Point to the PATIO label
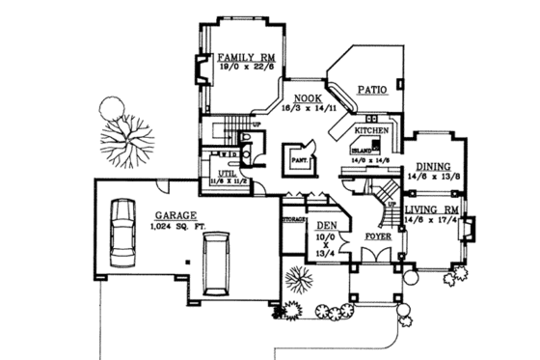[372, 91]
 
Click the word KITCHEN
[371, 129]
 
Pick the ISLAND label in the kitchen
[363, 151]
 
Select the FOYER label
[377, 235]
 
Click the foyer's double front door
[377, 256]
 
